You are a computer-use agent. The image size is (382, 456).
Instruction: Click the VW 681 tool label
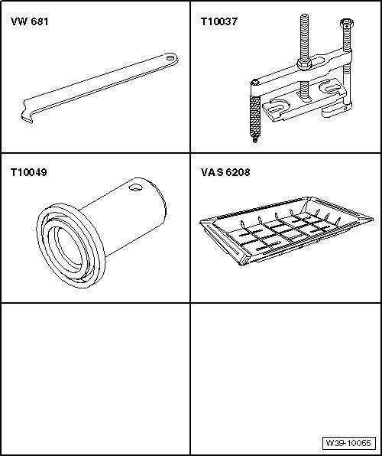tap(29, 21)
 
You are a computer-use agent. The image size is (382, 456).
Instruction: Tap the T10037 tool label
tap(219, 21)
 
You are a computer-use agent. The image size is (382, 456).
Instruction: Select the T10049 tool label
tap(28, 172)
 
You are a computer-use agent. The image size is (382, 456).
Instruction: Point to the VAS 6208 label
tap(225, 172)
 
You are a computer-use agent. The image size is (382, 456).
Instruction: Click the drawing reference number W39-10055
tap(348, 443)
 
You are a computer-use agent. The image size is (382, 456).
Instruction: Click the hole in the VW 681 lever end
tap(170, 57)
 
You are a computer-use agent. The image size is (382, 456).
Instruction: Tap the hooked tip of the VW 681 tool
tap(28, 118)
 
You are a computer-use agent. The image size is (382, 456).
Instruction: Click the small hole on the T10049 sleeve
tap(135, 187)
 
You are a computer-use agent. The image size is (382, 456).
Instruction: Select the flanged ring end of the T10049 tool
tap(70, 246)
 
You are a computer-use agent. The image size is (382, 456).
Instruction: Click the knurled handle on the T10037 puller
tap(255, 116)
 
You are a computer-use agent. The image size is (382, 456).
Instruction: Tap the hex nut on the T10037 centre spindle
tap(304, 63)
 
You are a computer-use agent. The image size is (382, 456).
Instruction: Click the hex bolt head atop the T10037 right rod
tap(346, 23)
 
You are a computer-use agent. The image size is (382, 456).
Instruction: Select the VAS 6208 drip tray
tap(286, 230)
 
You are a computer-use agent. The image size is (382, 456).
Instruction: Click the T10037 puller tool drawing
tap(301, 78)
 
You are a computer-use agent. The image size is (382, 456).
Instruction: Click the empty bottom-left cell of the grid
tap(95, 379)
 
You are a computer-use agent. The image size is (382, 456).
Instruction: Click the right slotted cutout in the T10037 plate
tap(329, 87)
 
